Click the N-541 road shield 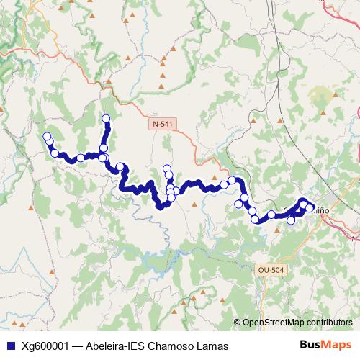click(x=163, y=124)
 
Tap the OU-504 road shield click(x=271, y=269)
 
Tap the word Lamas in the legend click(x=213, y=346)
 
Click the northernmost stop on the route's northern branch click(x=106, y=119)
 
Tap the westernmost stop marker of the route click(x=47, y=137)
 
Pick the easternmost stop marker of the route click(x=310, y=208)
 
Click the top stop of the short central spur click(x=167, y=169)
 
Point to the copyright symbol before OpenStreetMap click(x=238, y=323)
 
